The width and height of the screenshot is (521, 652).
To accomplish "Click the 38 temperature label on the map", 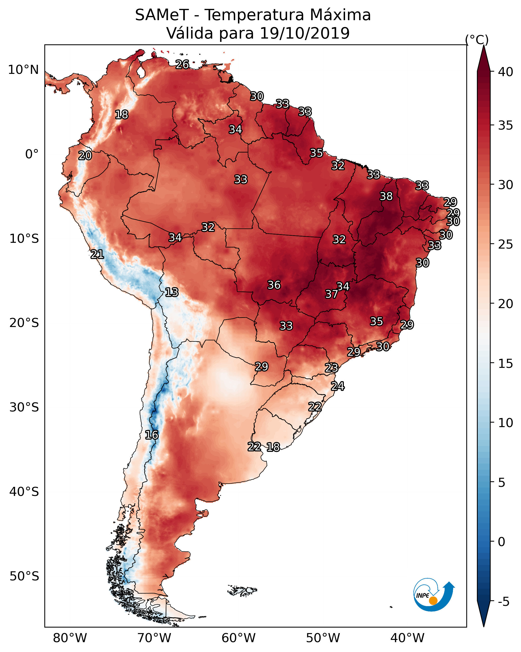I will click(386, 196).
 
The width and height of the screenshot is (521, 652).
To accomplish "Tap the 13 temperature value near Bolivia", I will click(172, 292).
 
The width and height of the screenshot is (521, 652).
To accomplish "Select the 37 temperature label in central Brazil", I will click(331, 294).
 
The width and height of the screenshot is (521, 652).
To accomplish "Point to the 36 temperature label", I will click(274, 285).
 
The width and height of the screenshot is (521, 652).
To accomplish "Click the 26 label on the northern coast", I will click(182, 64).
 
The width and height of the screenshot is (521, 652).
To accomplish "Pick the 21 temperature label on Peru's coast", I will click(97, 254).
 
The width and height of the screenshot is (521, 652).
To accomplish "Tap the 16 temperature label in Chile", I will click(151, 435).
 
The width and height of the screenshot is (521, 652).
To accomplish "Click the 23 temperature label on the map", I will click(331, 368).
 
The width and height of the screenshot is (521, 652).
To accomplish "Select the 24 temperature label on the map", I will click(338, 386).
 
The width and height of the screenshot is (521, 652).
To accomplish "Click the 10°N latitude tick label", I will click(23, 70).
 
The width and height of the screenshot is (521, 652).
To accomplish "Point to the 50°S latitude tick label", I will click(24, 576).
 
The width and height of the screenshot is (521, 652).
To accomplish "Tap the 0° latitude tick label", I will click(32, 154).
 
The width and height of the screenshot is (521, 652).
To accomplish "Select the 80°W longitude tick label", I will click(70, 638).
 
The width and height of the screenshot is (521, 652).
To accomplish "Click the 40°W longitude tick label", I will click(407, 638).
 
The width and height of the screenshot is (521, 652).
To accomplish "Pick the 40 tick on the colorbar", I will click(506, 72).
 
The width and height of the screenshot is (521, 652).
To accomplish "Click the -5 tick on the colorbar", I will click(503, 602).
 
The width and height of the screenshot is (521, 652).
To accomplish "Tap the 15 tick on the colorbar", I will click(506, 364).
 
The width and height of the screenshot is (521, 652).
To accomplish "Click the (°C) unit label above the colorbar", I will click(477, 40).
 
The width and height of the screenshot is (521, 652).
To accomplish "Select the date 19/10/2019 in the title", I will click(304, 33).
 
